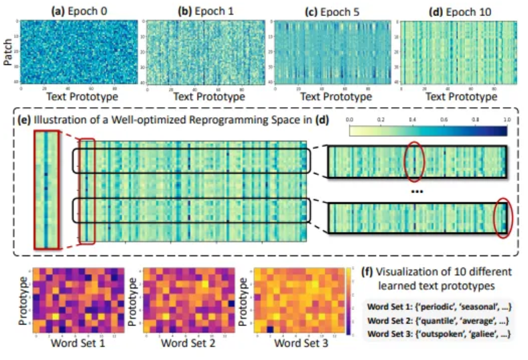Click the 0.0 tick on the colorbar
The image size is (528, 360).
click(350, 119)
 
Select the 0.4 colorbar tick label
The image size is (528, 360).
click(413, 119)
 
